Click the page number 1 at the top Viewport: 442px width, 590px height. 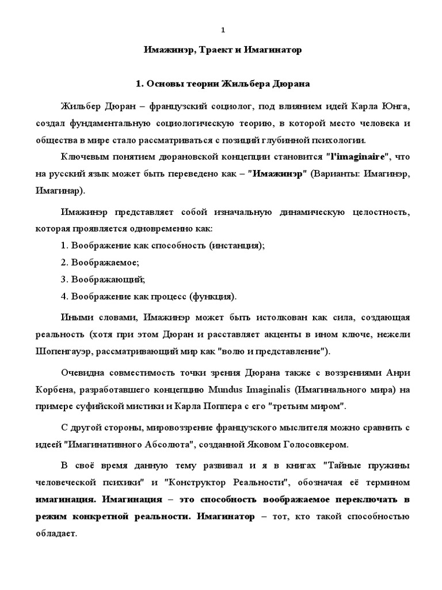point(223,30)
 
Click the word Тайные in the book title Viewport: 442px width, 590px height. point(344,465)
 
